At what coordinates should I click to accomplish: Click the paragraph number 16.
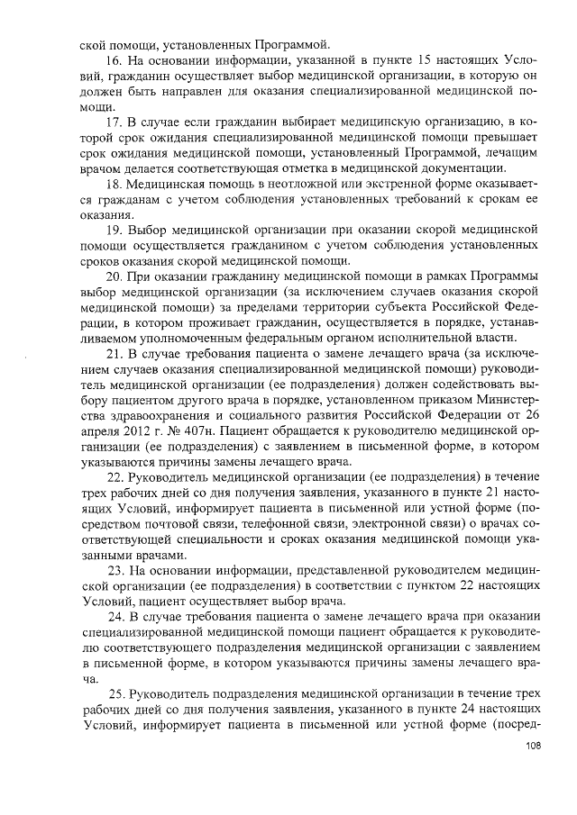tap(114, 59)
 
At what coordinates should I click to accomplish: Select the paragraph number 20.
tap(116, 275)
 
